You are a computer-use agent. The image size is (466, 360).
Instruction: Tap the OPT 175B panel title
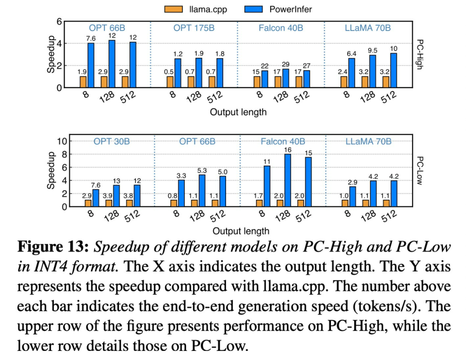pyautogui.click(x=194, y=28)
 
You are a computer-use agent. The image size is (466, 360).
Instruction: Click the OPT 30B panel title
pyautogui.click(x=111, y=141)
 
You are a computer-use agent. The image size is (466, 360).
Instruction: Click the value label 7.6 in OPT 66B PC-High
pyautogui.click(x=91, y=38)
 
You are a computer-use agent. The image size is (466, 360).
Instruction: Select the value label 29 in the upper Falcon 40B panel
pyautogui.click(x=285, y=64)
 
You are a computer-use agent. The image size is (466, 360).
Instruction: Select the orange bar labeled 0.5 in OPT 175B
pyautogui.click(x=170, y=82)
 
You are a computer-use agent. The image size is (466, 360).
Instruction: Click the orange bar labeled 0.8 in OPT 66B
pyautogui.click(x=173, y=203)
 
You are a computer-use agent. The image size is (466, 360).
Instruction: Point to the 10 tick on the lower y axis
pyautogui.click(x=61, y=141)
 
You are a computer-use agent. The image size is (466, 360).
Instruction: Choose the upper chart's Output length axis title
pyautogui.click(x=238, y=112)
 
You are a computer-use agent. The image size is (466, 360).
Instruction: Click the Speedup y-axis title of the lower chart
pyautogui.click(x=51, y=174)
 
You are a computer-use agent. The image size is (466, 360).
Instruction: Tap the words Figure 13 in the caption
pyautogui.click(x=53, y=248)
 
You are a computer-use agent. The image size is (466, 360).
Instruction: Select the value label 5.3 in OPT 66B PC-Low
pyautogui.click(x=202, y=171)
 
